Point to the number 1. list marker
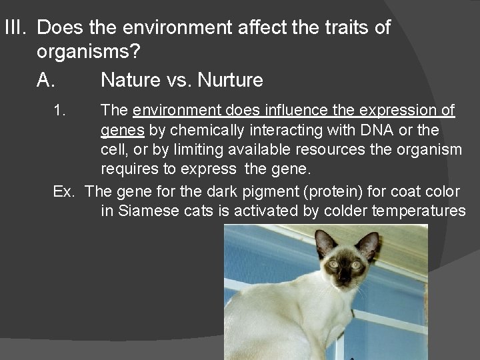pyautogui.click(x=60, y=109)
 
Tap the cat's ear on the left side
pyautogui.click(x=325, y=243)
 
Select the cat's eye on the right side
pyautogui.click(x=356, y=265)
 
